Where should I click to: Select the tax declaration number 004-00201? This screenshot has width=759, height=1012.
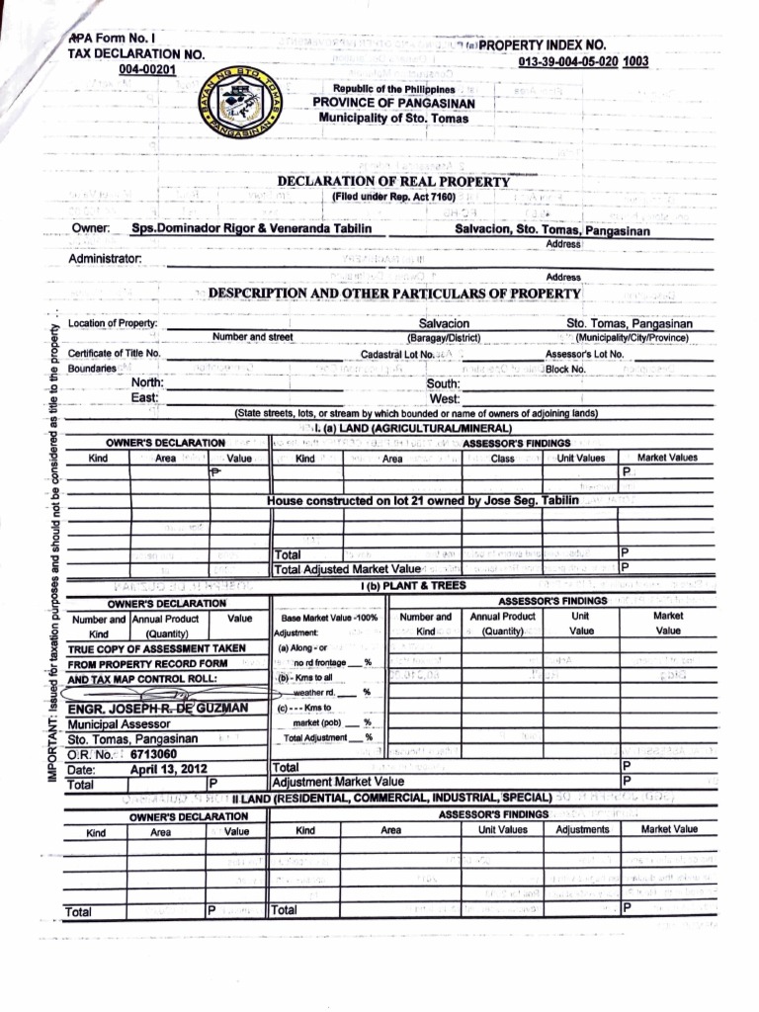click(147, 68)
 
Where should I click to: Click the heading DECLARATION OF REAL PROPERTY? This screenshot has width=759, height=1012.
click(393, 181)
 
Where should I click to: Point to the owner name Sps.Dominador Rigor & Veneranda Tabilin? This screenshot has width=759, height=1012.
click(252, 228)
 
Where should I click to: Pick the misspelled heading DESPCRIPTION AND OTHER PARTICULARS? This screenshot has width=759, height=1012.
click(393, 295)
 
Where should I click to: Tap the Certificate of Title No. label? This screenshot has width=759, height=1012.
click(115, 353)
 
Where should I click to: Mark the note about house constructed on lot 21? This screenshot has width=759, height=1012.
click(423, 501)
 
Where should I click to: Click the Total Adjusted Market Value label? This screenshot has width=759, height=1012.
click(348, 568)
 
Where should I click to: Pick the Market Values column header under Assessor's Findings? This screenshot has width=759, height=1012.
click(667, 458)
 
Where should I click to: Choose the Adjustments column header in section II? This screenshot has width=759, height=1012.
click(582, 829)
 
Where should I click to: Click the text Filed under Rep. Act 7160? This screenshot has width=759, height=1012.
click(393, 198)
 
